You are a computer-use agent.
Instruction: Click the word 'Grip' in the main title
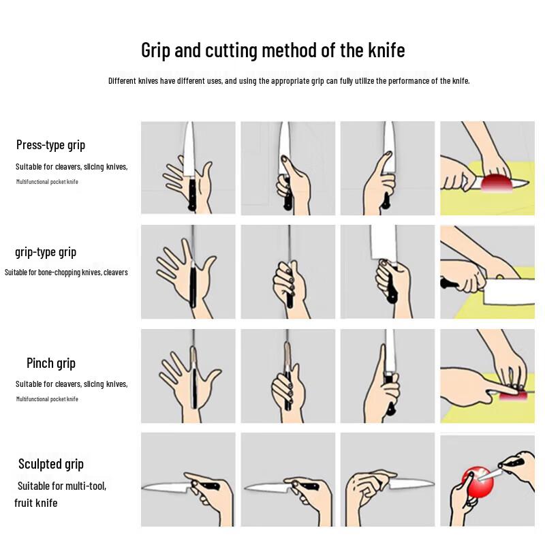click(155, 50)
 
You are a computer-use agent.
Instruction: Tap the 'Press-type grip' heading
click(50, 145)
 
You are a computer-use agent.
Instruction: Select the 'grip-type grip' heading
click(46, 252)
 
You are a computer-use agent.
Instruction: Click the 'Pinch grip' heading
click(51, 363)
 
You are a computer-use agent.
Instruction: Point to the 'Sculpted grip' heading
click(51, 464)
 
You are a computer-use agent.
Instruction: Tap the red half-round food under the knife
click(497, 183)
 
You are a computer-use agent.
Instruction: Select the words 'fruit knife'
click(36, 503)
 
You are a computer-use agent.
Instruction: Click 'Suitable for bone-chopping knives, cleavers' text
click(66, 272)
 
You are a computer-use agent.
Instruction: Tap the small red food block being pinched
click(514, 396)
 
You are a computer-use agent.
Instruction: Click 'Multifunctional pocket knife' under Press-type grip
click(47, 181)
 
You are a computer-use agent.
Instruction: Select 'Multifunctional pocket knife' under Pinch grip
click(47, 399)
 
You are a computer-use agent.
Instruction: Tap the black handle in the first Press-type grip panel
click(192, 193)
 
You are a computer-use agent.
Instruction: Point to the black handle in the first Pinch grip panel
click(195, 388)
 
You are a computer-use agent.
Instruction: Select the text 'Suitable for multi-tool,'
click(62, 486)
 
